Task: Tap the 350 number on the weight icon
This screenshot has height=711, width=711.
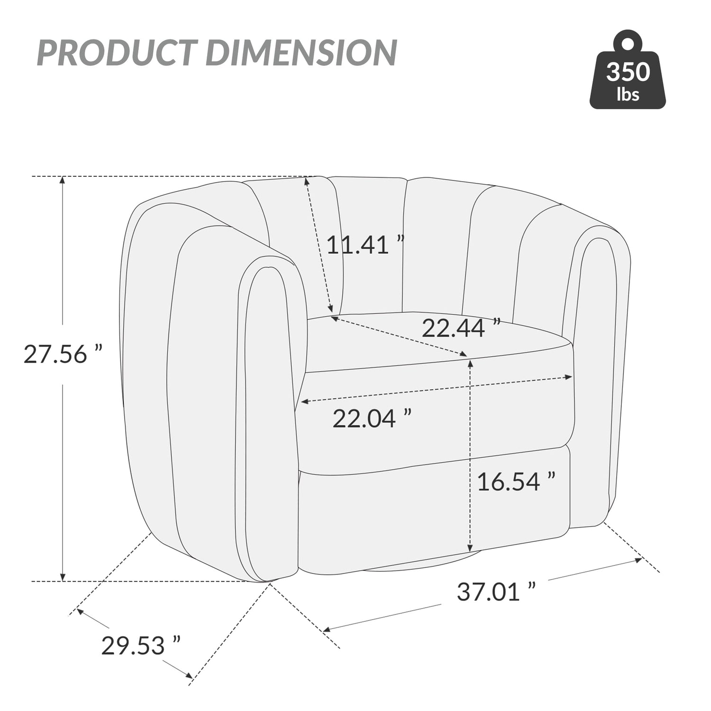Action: pos(628,72)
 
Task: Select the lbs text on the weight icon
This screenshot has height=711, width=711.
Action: pos(628,94)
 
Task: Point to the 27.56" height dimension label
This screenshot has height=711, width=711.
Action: pos(63,354)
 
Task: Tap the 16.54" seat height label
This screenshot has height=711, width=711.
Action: pos(516,482)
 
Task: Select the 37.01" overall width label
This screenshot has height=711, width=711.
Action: pos(496,592)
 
